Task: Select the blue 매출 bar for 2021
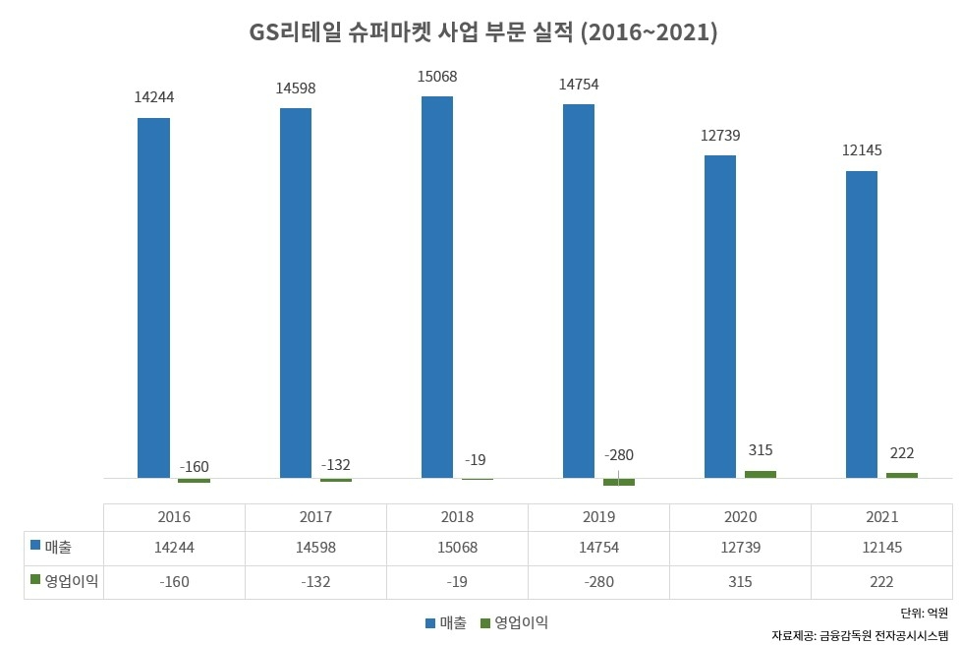862,324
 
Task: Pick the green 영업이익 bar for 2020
761,474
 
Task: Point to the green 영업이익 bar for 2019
619,482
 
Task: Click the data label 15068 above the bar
437,77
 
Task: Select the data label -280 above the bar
619,455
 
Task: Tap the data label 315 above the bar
761,450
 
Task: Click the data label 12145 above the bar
862,151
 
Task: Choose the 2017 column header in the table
315,516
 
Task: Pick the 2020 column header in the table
740,516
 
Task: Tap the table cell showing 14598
315,548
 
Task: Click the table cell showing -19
457,582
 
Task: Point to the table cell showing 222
881,582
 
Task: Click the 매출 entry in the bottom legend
445,622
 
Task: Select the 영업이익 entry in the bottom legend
513,622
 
